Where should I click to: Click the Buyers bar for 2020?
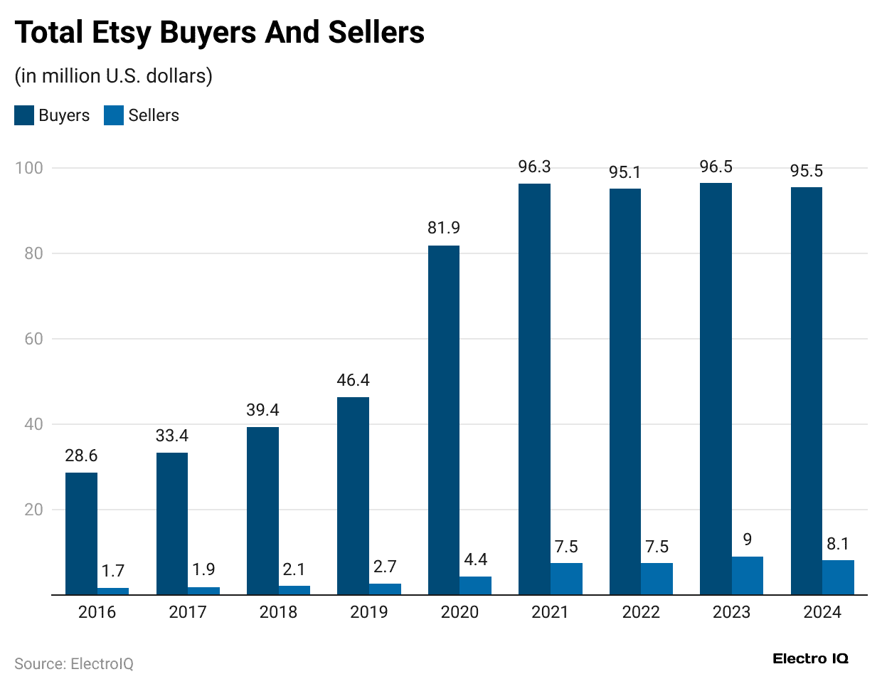pos(443,420)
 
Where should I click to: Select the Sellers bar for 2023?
pos(747,576)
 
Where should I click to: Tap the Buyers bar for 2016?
pos(81,533)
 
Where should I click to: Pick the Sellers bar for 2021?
pos(566,579)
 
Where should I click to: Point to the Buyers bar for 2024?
pos(806,391)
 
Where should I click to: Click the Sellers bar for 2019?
pos(385,589)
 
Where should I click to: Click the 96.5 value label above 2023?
pos(716,167)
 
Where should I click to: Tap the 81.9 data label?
pos(443,228)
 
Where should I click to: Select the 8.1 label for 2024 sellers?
pos(838,544)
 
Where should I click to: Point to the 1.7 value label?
pos(112,571)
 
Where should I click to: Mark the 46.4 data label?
pos(353,380)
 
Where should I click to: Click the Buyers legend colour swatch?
pos(24,115)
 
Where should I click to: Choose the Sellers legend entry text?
pos(154,115)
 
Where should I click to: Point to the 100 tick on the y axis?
pos(29,168)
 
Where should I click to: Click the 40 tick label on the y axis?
pos(33,424)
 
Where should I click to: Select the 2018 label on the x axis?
pos(278,612)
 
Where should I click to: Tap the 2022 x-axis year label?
pos(641,612)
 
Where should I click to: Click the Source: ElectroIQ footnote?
pos(74,663)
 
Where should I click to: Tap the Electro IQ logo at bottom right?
pos(810,658)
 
